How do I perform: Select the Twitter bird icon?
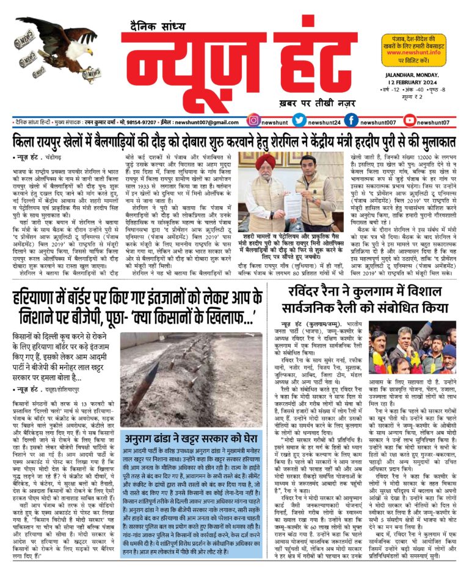pos(299,122)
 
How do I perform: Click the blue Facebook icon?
pos(351,122)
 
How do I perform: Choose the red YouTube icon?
pos(410,122)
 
